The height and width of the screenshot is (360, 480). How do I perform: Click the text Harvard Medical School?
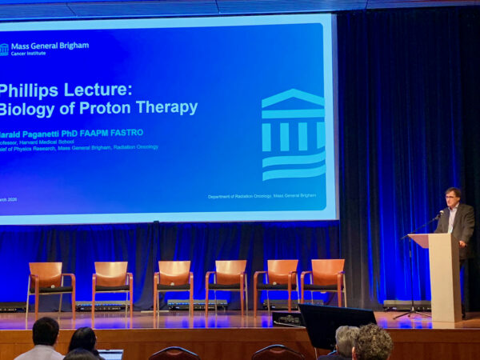pos(48,141)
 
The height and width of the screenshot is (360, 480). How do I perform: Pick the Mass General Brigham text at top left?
pos(50,46)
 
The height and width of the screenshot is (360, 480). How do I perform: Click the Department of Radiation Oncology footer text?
pos(262,196)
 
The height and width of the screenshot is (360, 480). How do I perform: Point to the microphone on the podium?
pos(438,217)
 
